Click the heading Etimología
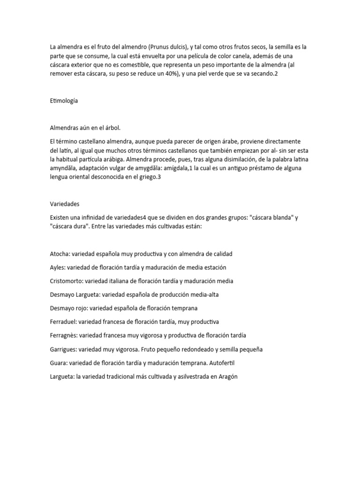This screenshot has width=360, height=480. pyautogui.click(x=63, y=100)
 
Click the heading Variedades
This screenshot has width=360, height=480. pyautogui.click(x=64, y=204)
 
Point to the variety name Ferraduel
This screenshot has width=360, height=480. pyautogui.click(x=63, y=322)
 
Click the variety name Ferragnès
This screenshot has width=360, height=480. pyautogui.click(x=64, y=336)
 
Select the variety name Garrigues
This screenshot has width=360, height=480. pyautogui.click(x=63, y=349)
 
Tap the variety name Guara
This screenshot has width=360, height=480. pyautogui.click(x=58, y=363)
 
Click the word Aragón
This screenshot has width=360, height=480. pyautogui.click(x=228, y=376)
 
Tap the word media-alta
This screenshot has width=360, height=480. pyautogui.click(x=204, y=294)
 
